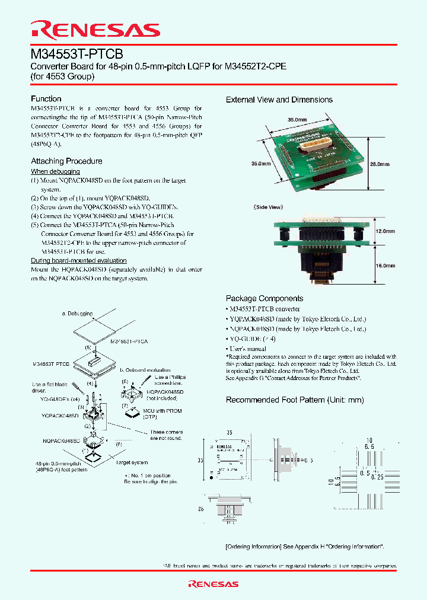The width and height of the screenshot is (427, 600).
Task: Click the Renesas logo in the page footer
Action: click(x=213, y=584)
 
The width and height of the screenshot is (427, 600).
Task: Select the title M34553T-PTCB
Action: click(x=77, y=54)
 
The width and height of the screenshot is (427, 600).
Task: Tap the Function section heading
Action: click(x=46, y=99)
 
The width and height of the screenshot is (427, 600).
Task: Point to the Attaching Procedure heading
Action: click(x=66, y=161)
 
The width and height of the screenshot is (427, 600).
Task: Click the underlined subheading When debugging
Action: click(x=55, y=171)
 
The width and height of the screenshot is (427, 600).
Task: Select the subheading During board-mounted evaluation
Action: click(x=78, y=260)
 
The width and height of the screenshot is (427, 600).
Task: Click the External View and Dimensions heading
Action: click(x=279, y=100)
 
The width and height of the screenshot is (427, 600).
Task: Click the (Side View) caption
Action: click(x=270, y=208)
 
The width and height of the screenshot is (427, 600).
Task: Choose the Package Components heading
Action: click(x=264, y=299)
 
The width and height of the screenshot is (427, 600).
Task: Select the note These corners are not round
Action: click(x=167, y=435)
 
